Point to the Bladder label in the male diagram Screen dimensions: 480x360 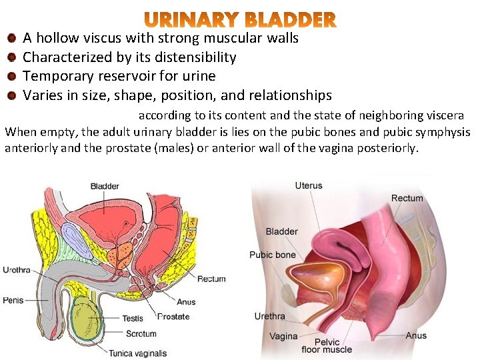click(x=105, y=186)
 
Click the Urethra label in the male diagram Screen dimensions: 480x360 click(x=17, y=270)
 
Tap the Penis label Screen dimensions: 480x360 click(x=13, y=300)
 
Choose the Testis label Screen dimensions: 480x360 click(x=132, y=318)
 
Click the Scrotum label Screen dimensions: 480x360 click(x=141, y=333)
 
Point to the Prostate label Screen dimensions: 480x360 click(x=173, y=317)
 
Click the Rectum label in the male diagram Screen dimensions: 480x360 click(x=211, y=279)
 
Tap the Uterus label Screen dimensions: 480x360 click(x=308, y=185)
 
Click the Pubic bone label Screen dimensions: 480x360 click(x=272, y=255)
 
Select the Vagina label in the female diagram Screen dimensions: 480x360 click(x=283, y=336)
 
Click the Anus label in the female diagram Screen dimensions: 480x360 click(x=416, y=335)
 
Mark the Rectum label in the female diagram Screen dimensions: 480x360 click(x=407, y=198)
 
